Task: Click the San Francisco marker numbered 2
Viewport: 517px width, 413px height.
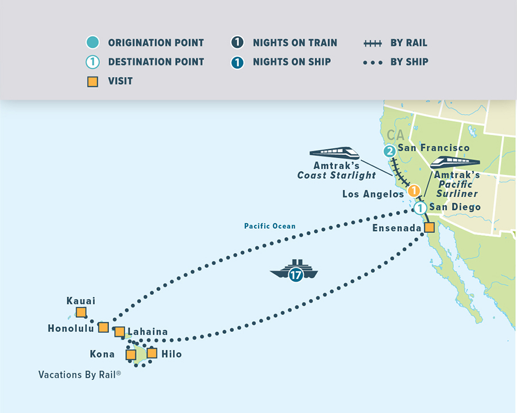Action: click(390, 151)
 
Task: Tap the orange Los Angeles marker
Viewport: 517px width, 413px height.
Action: click(413, 192)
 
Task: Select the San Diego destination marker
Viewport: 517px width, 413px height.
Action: click(420, 208)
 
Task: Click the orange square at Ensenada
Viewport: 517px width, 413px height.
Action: click(429, 228)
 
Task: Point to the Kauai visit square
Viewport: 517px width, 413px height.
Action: click(81, 313)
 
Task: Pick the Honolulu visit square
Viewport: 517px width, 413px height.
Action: click(103, 327)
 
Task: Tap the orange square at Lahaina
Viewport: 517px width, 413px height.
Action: click(119, 332)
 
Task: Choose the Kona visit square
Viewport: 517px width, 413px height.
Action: click(131, 354)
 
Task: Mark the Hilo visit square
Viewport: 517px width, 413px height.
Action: click(152, 353)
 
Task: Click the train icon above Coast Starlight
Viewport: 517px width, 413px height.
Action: click(334, 153)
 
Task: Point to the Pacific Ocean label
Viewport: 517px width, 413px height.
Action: click(269, 227)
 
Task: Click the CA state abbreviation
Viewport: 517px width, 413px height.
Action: click(395, 135)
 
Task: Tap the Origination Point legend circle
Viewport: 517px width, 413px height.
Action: click(92, 42)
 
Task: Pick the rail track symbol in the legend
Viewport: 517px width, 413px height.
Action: click(373, 43)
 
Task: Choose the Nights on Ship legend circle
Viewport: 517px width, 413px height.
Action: click(237, 62)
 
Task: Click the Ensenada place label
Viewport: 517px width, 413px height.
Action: click(396, 228)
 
